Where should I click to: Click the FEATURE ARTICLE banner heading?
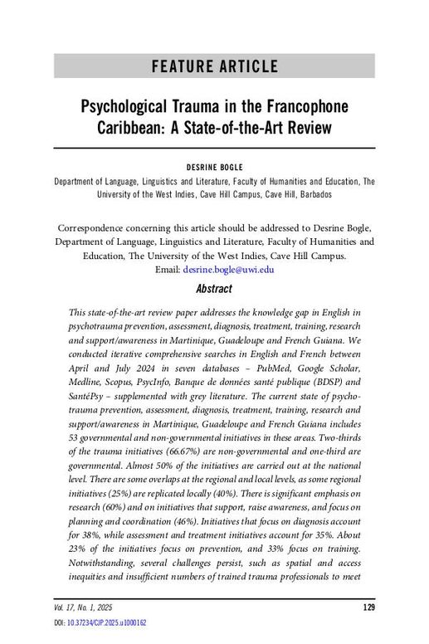(214, 66)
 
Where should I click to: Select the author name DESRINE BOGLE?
(214, 166)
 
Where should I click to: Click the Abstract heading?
(214, 289)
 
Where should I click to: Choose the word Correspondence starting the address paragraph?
(91, 227)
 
